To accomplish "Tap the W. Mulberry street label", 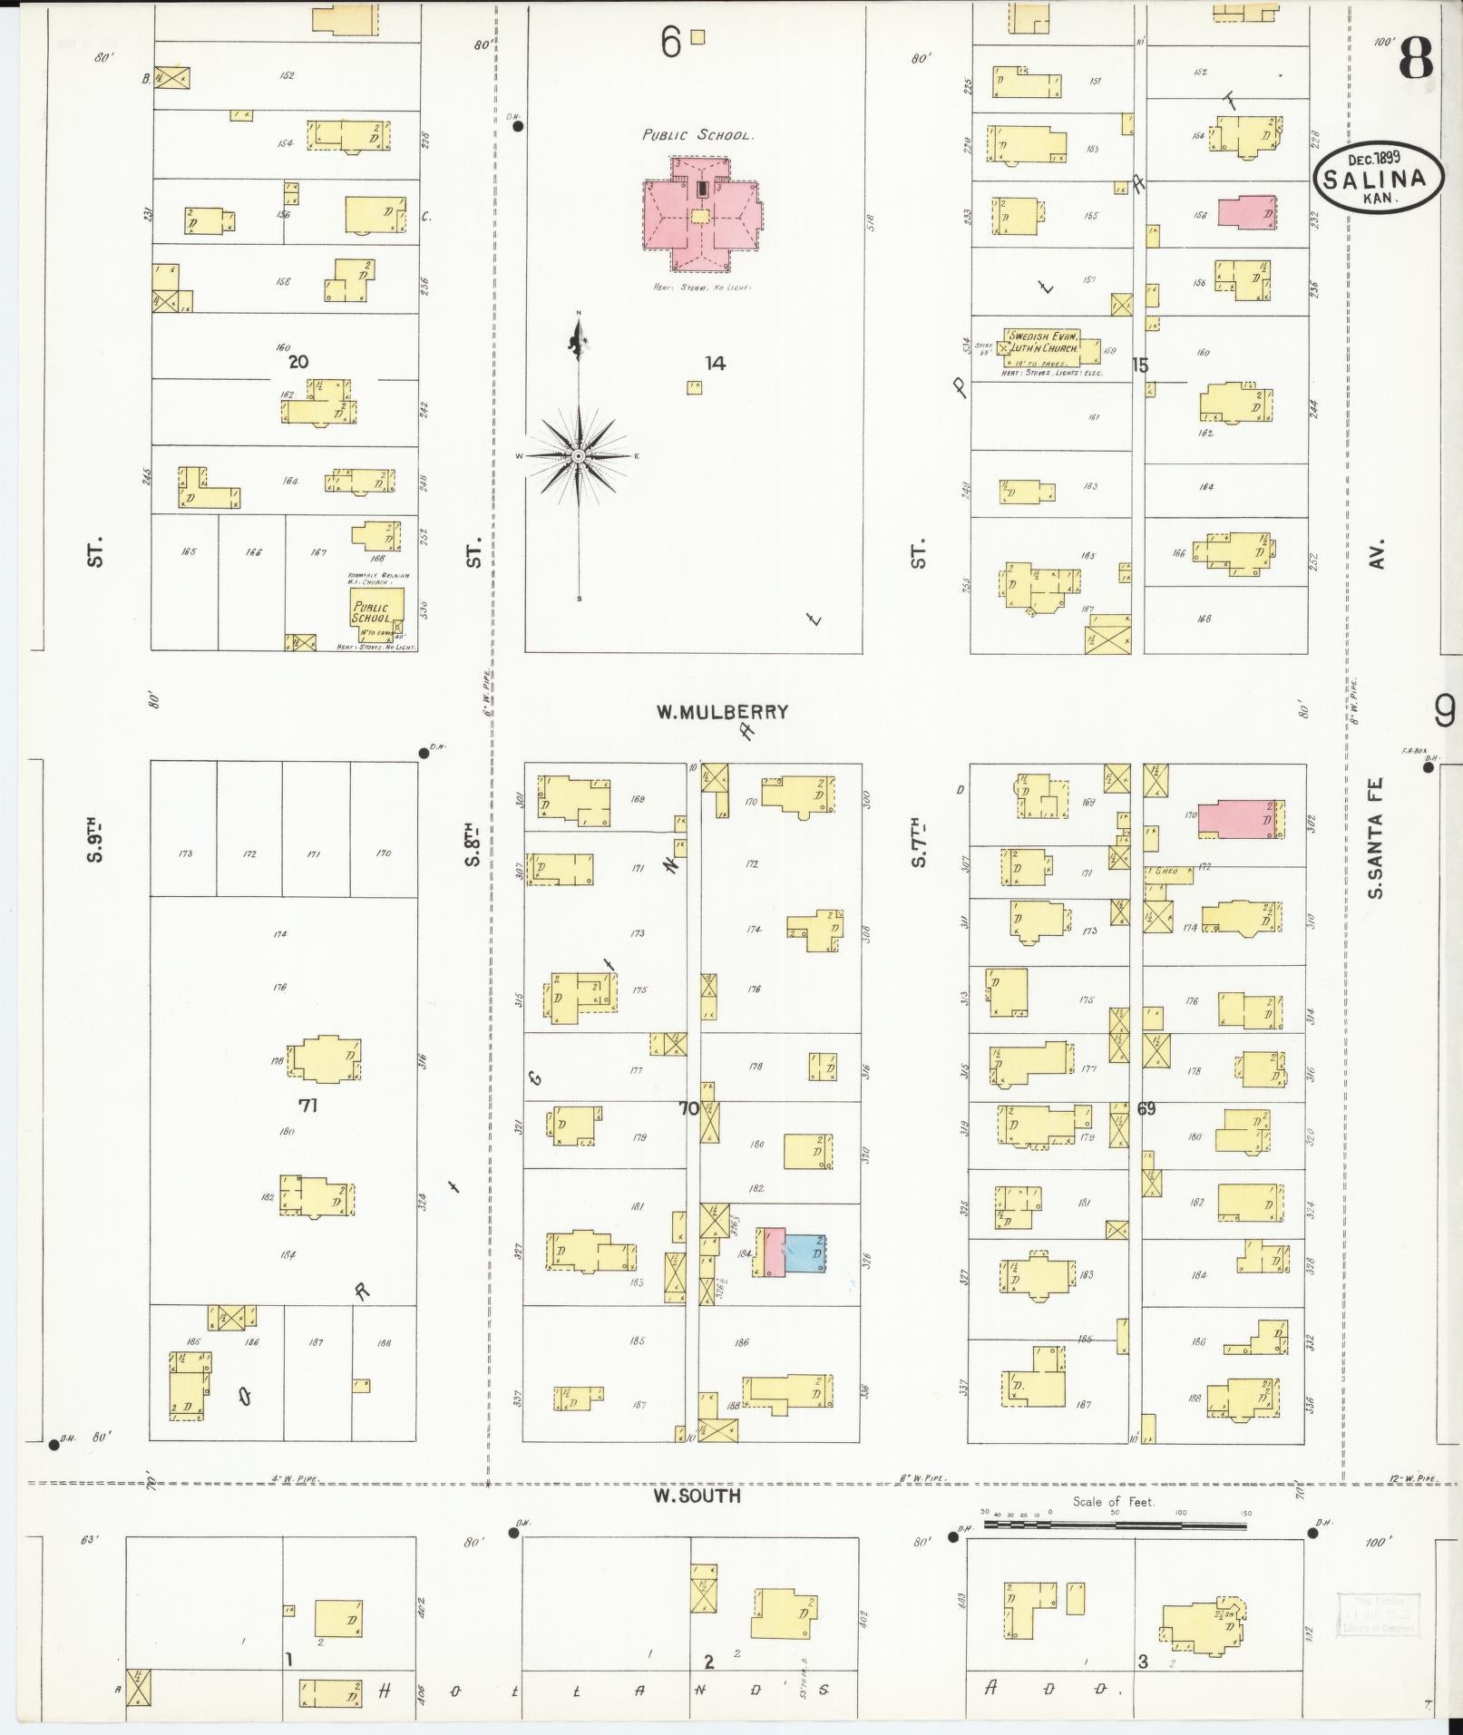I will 722,712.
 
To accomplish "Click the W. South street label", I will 697,1496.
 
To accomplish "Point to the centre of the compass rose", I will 578,456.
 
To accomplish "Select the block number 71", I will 307,1106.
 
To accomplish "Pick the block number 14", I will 715,364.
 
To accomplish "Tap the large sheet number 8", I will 1415,59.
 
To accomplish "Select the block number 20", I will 298,362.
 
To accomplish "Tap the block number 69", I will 1146,1108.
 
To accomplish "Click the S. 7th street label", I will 918,842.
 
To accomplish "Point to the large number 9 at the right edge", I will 1444,712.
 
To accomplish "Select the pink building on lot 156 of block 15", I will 1246,212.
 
